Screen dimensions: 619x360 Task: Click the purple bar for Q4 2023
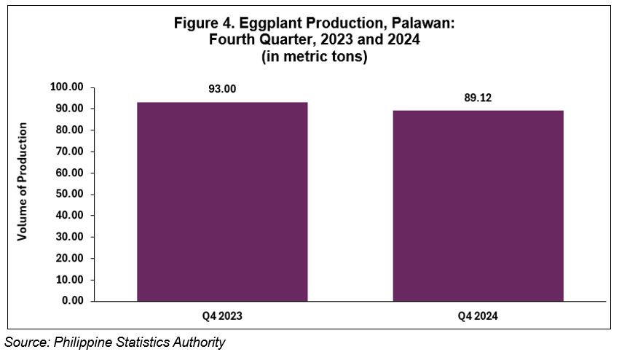click(222, 202)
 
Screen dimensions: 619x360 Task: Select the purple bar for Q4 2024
click(478, 206)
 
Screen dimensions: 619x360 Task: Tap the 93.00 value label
click(222, 89)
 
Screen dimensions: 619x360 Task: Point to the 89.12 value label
click(478, 98)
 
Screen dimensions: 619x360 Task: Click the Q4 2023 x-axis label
click(222, 316)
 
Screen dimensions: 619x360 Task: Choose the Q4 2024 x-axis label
click(478, 316)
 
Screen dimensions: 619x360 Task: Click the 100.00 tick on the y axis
click(67, 87)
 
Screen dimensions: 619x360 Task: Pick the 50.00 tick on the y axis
click(69, 194)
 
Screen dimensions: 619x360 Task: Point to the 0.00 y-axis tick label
click(72, 301)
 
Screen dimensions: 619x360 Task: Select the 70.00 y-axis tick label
click(69, 152)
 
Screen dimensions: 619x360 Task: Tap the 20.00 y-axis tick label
click(69, 258)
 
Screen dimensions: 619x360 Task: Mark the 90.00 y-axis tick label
click(69, 109)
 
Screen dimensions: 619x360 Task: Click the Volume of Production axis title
click(22, 181)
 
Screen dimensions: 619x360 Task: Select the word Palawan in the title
click(423, 23)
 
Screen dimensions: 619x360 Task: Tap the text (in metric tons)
click(315, 57)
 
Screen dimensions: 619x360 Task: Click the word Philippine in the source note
click(82, 343)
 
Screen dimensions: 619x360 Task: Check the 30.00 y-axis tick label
click(69, 237)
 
